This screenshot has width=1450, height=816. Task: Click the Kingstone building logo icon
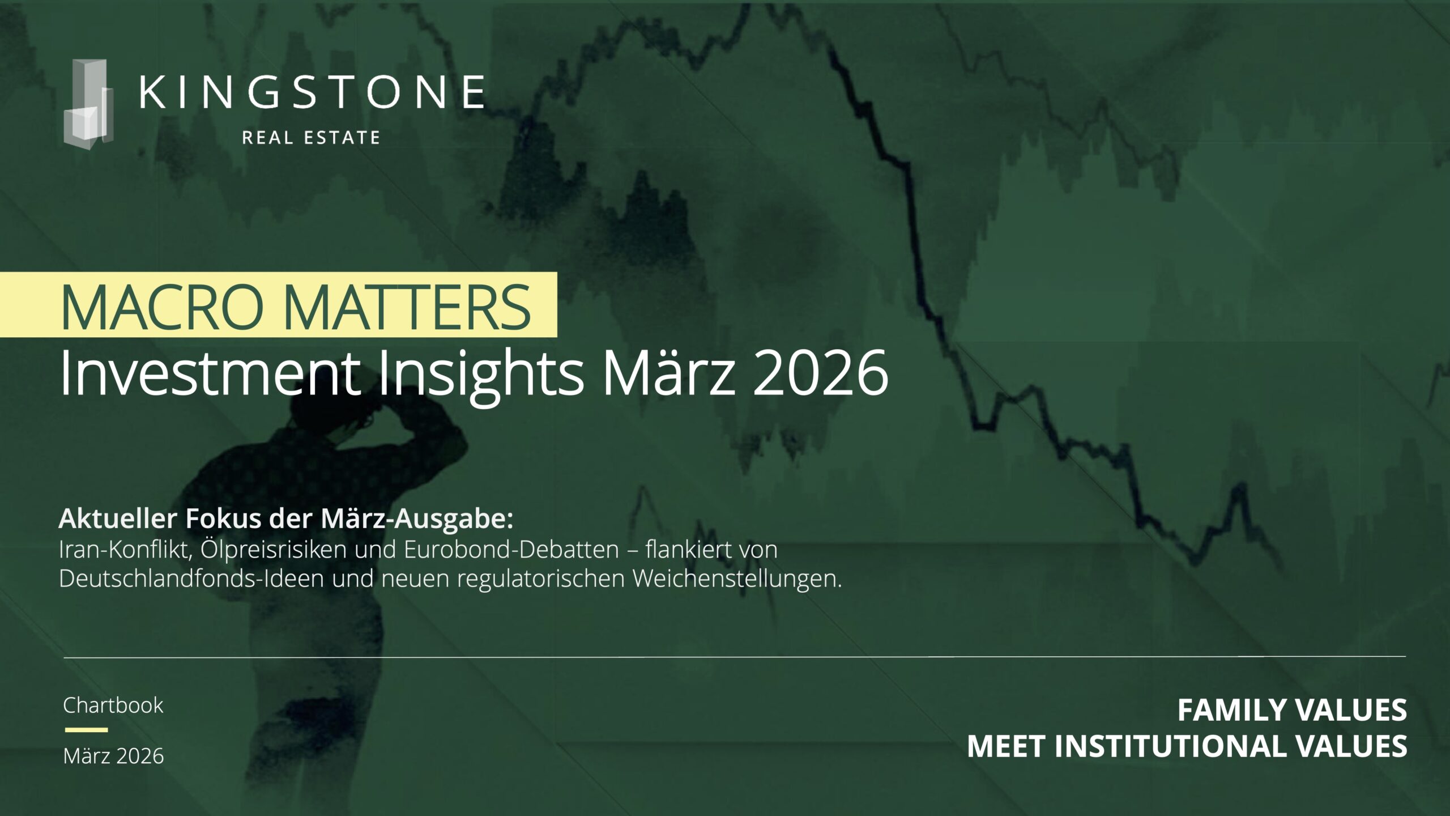click(x=88, y=105)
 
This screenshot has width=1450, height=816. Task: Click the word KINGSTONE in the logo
click(x=312, y=92)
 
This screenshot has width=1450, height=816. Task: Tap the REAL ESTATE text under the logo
click(x=311, y=138)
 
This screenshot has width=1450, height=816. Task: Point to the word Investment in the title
click(x=210, y=373)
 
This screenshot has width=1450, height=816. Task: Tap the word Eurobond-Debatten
click(x=511, y=550)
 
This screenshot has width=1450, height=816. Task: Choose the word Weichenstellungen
click(x=737, y=579)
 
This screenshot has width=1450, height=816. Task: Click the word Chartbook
click(x=113, y=705)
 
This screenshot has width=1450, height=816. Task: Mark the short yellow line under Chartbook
click(x=86, y=730)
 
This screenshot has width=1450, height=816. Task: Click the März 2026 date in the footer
click(x=114, y=756)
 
